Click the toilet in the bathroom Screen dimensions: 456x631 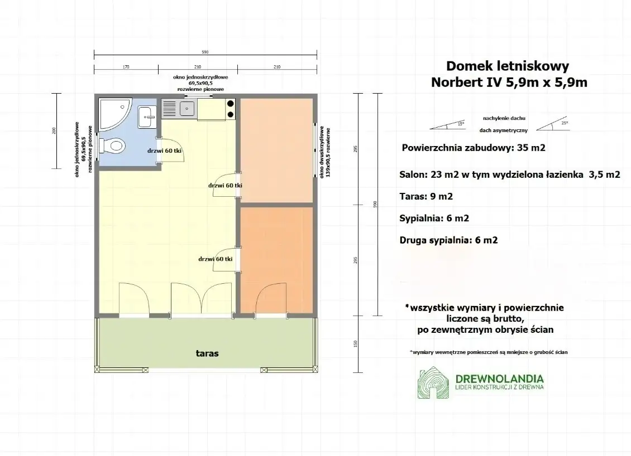pos(113,146)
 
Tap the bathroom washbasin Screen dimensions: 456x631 pos(147,116)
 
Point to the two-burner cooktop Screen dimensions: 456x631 pos(230,109)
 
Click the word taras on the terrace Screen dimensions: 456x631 pos(207,353)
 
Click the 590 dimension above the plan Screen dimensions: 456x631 pos(205,52)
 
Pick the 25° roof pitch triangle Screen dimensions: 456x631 pos(553,125)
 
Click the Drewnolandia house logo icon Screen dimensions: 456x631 pos(433,383)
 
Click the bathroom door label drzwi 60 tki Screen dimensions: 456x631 pos(165,151)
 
